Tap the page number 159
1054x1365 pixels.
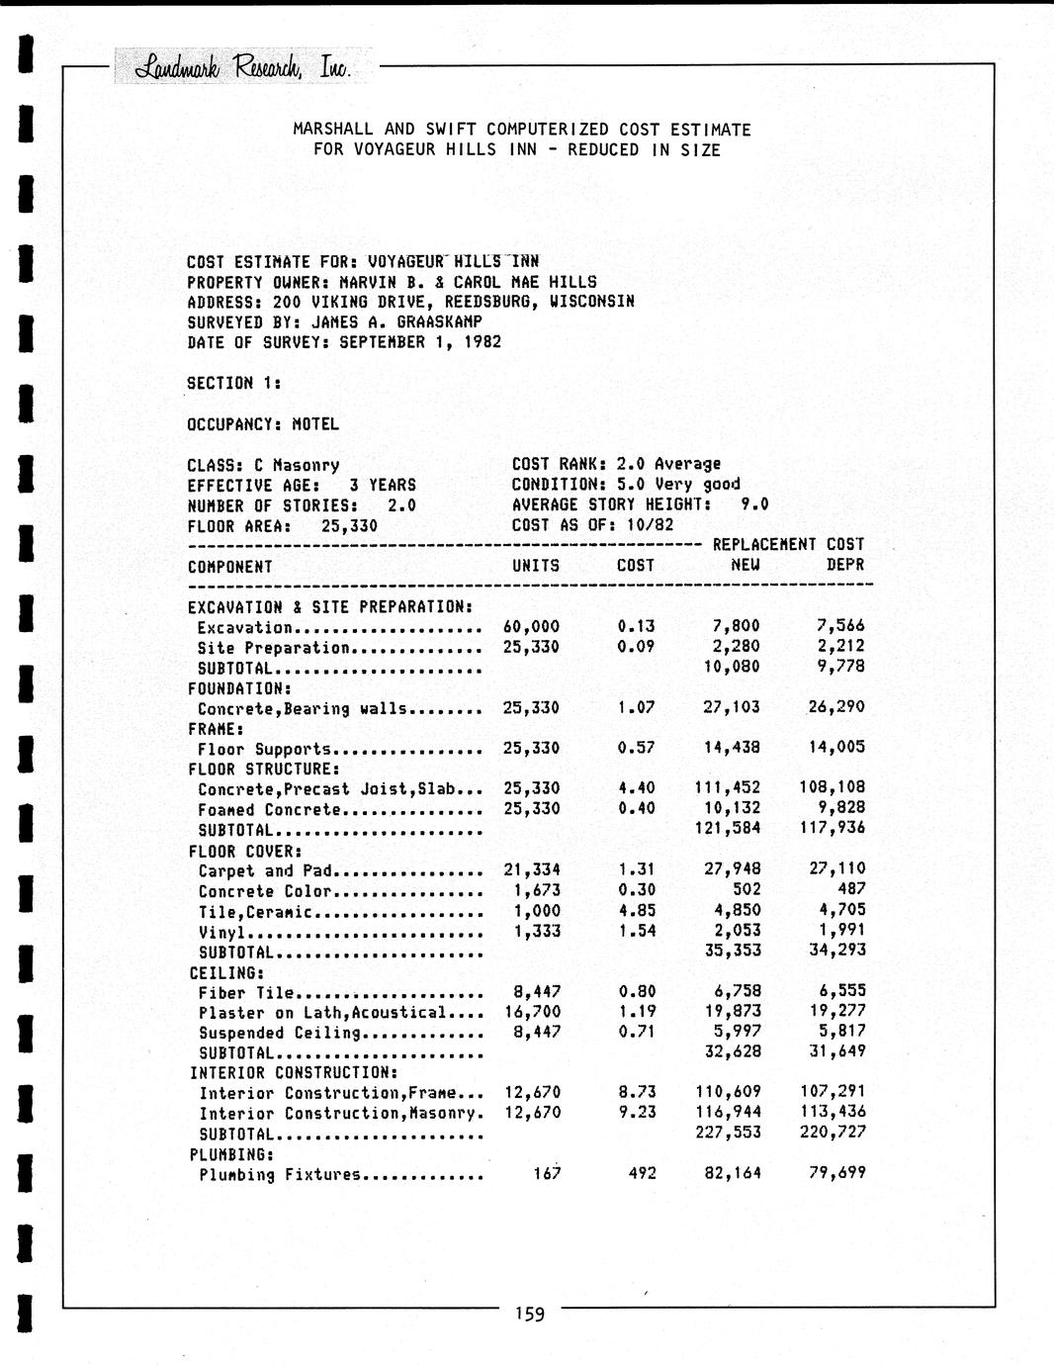click(x=529, y=1315)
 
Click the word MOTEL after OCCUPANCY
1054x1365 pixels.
click(x=314, y=424)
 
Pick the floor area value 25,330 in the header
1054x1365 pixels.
click(x=349, y=526)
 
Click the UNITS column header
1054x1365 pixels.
click(x=535, y=566)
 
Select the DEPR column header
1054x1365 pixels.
click(x=844, y=565)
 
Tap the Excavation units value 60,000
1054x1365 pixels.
click(x=531, y=626)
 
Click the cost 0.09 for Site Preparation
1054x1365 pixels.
click(x=636, y=647)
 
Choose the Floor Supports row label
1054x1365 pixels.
click(x=264, y=749)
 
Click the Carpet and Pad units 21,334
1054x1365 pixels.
click(x=532, y=869)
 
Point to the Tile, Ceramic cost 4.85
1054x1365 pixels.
click(x=636, y=910)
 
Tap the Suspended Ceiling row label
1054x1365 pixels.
click(x=280, y=1033)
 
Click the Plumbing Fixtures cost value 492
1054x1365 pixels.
click(x=642, y=1174)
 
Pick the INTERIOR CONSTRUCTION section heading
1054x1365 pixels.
click(x=294, y=1073)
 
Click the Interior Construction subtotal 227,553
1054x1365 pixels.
click(x=728, y=1133)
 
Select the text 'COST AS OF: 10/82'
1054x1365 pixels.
click(x=592, y=525)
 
